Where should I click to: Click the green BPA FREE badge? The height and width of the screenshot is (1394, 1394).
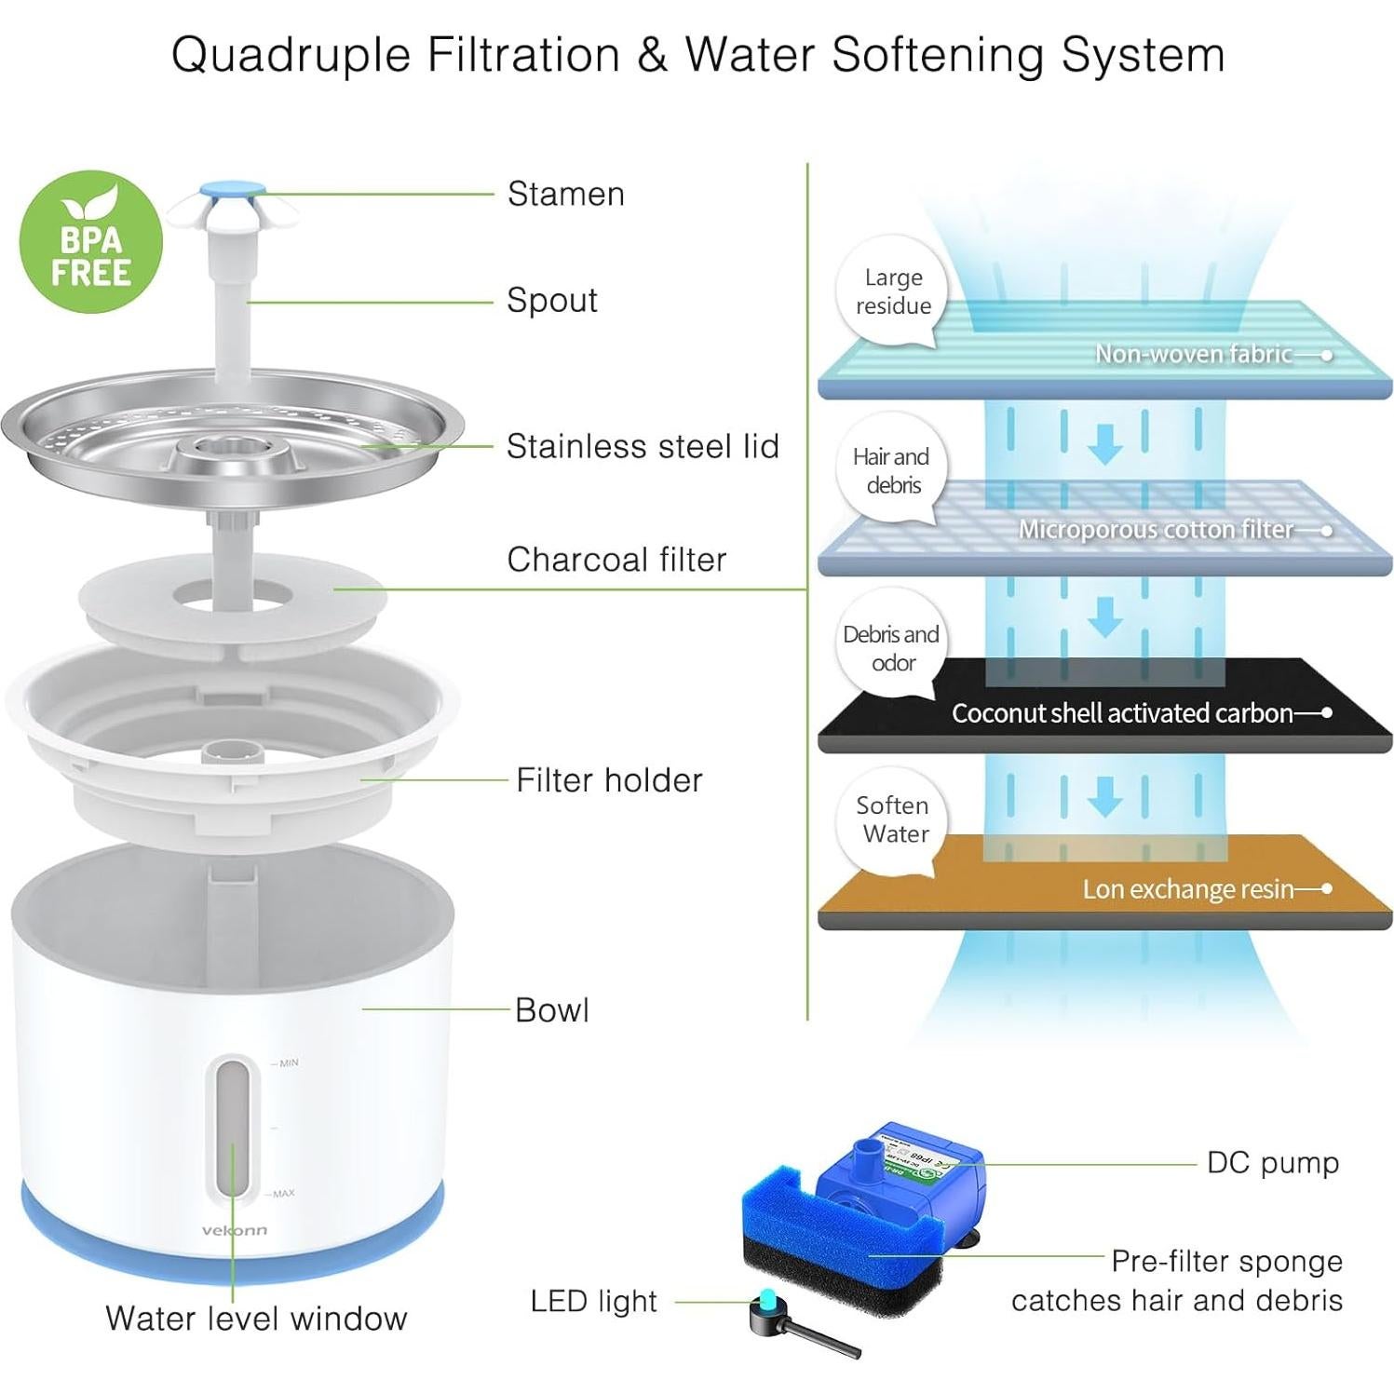point(90,241)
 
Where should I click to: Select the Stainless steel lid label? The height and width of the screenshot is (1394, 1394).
point(642,446)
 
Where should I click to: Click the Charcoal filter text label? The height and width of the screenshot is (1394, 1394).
point(616,560)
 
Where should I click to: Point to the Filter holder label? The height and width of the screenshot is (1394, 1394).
point(609,780)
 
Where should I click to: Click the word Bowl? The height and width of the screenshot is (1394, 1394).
point(551,1010)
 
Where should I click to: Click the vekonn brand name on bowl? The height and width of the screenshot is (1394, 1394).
point(234,1230)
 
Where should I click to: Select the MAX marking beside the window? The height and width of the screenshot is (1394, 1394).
point(283,1193)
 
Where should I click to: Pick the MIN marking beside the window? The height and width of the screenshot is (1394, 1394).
point(289,1062)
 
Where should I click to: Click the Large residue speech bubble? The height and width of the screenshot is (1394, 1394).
point(892,291)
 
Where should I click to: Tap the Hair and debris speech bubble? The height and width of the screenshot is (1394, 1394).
point(891,470)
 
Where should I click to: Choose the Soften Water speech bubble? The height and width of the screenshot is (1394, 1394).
point(893,819)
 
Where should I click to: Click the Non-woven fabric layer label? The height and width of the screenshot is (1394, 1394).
point(1193,354)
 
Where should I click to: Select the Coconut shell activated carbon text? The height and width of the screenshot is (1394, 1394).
point(1121,713)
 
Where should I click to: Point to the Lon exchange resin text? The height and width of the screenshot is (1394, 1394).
point(1187,889)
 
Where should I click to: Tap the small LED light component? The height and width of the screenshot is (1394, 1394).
point(769,1307)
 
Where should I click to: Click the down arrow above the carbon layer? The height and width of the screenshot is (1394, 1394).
point(1104,616)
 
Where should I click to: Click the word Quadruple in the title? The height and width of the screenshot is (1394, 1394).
point(291,54)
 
